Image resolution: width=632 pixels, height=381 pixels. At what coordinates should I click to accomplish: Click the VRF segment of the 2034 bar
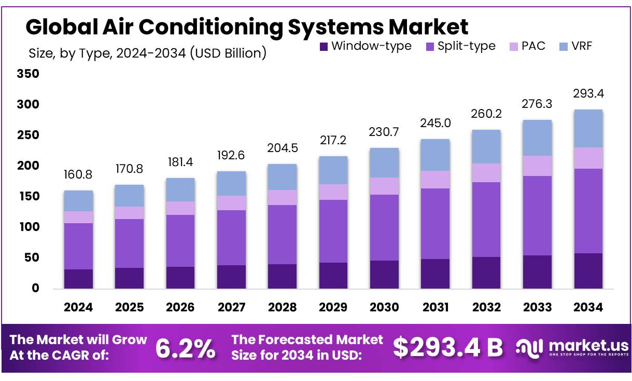(588, 128)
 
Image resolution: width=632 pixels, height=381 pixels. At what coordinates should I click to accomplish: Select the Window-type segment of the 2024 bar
(78, 279)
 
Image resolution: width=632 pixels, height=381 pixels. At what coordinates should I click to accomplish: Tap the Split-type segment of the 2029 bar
(333, 231)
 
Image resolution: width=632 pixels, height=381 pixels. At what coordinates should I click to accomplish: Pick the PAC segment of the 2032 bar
(486, 173)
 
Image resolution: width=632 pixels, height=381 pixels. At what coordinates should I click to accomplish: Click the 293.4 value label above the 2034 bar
(588, 94)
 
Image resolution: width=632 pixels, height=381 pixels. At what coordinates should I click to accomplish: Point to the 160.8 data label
(78, 175)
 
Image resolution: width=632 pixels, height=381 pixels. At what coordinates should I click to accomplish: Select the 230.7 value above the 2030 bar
(384, 132)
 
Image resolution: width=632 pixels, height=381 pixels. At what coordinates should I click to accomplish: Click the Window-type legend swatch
(324, 46)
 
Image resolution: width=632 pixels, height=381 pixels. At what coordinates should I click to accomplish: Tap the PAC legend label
(533, 46)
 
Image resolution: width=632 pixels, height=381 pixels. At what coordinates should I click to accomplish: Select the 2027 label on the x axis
(231, 307)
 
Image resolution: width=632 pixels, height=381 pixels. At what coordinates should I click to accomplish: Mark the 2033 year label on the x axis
(537, 307)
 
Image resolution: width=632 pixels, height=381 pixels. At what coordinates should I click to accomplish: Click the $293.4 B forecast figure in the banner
(447, 348)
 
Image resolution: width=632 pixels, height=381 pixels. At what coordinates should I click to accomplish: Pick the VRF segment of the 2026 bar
(180, 189)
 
